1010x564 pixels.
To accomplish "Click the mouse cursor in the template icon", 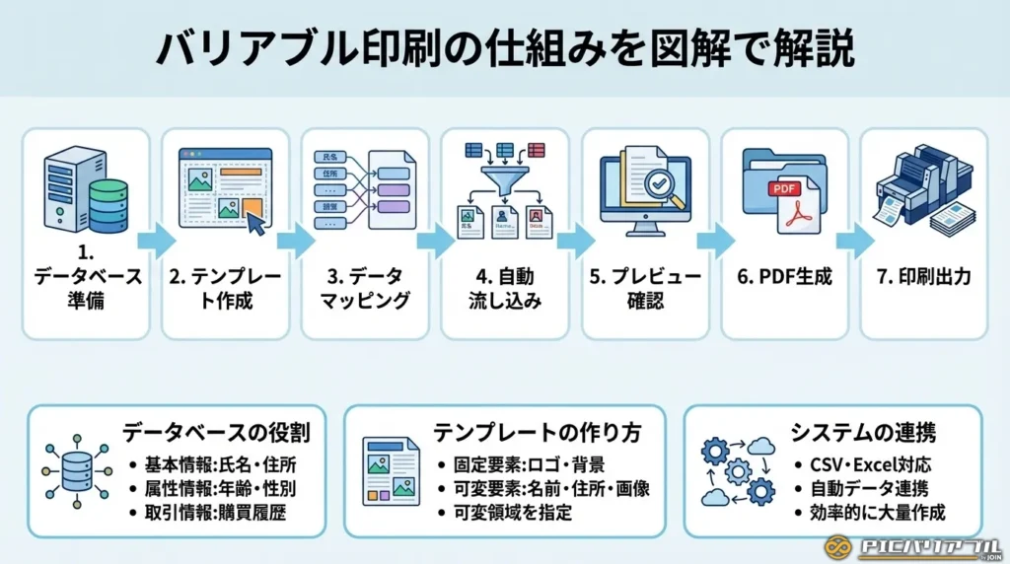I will [x=254, y=223].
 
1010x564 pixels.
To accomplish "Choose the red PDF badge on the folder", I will [x=784, y=186].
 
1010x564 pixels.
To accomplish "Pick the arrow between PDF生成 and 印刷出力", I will [x=855, y=239].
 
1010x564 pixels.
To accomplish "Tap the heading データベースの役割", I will [x=217, y=432].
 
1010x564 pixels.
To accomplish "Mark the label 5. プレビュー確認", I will [x=645, y=288].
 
